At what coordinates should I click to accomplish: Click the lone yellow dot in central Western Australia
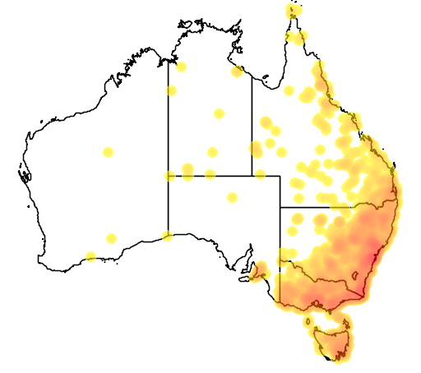click(x=108, y=152)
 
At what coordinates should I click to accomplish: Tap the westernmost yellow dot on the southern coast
click(x=90, y=256)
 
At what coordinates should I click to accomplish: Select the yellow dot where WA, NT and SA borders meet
click(x=169, y=175)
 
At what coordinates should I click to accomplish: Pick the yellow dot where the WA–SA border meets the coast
click(x=168, y=236)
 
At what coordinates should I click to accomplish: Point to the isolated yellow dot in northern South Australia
click(x=232, y=197)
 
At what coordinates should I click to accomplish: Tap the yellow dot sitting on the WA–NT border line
click(x=172, y=90)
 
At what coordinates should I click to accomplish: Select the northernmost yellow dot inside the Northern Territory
click(x=181, y=67)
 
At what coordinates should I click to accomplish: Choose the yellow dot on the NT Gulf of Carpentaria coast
click(x=237, y=71)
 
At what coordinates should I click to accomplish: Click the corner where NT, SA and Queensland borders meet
click(x=252, y=175)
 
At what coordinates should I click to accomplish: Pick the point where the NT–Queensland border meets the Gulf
click(x=252, y=76)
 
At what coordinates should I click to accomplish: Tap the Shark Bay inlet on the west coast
click(x=25, y=174)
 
